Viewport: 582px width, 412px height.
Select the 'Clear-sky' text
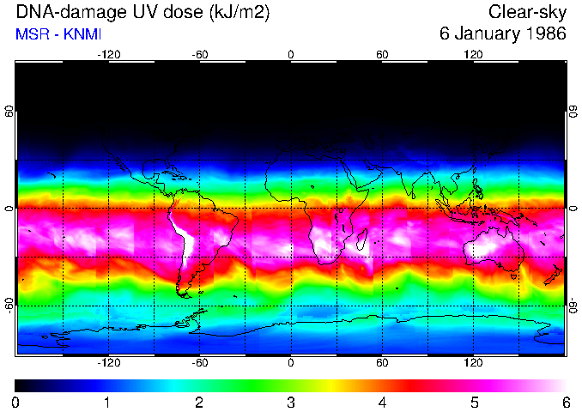[527, 13]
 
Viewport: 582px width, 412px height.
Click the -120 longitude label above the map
[109, 54]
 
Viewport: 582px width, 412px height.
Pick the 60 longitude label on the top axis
[382, 54]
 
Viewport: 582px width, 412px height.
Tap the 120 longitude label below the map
[473, 362]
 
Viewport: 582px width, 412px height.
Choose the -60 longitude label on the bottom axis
[200, 362]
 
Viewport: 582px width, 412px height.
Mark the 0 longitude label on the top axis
[291, 54]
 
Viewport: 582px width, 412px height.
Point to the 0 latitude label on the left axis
[9, 209]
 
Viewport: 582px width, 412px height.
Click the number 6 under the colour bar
[566, 402]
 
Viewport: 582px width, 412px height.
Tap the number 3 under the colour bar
[291, 402]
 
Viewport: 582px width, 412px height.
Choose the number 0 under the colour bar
[16, 402]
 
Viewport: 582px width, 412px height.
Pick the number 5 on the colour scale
[474, 402]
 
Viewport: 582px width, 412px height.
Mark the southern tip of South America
[184, 292]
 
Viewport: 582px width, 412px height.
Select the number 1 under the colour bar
[107, 402]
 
